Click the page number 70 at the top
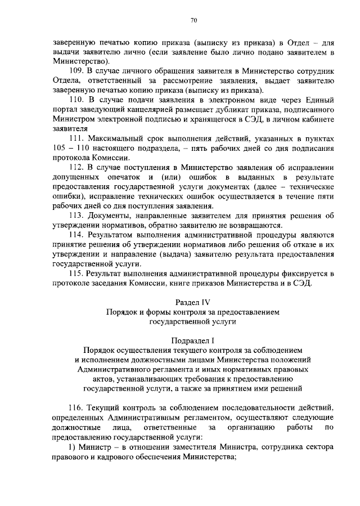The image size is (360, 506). (193, 21)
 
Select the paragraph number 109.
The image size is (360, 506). (77, 70)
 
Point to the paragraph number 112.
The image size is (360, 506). (77, 167)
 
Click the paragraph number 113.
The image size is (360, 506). (77, 216)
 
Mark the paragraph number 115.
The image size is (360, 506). (77, 273)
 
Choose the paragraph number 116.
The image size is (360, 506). (77, 406)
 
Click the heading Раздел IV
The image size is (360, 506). (193, 302)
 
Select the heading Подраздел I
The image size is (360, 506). (193, 341)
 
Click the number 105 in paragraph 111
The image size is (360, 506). (61, 148)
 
